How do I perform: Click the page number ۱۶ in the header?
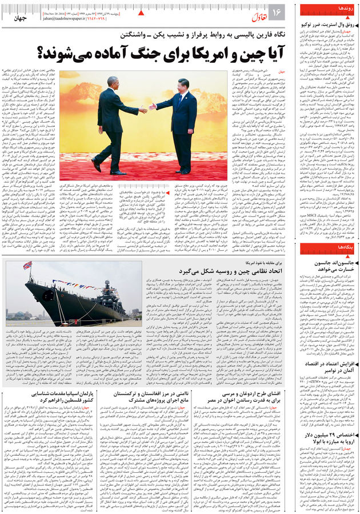pyautogui.click(x=277, y=12)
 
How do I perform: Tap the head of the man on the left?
pyautogui.click(x=113, y=83)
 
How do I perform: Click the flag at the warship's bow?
pyautogui.click(x=27, y=265)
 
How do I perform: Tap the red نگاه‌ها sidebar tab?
pyautogui.click(x=345, y=247)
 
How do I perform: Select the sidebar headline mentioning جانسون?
pyautogui.click(x=327, y=266)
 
